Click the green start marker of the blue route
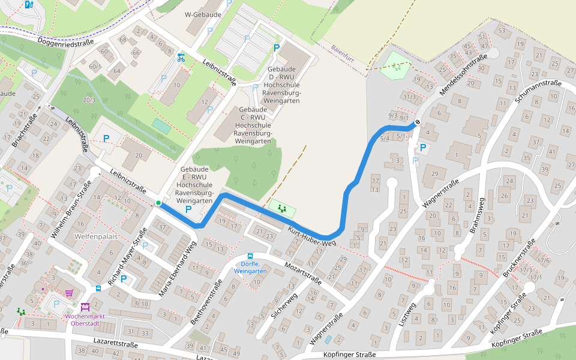[158, 203]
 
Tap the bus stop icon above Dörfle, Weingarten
[250, 256]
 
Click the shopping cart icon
[69, 293]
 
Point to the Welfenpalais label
[95, 236]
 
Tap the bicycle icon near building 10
[181, 58]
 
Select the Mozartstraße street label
[303, 273]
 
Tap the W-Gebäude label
[203, 14]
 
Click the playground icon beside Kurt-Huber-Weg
[282, 209]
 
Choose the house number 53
[502, 30]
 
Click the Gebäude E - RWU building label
[195, 185]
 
